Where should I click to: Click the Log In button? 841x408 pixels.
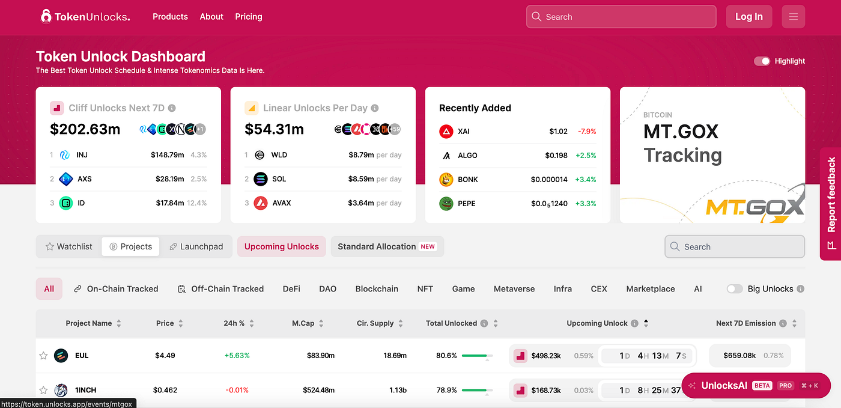748,17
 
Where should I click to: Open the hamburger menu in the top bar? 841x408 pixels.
793,17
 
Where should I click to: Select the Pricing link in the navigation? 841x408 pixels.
249,17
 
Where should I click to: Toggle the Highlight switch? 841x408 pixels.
762,61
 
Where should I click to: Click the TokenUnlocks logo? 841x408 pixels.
85,17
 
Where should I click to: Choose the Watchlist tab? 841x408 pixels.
68,246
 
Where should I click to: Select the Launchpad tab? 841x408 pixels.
196,246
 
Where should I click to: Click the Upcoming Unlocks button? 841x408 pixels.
282,246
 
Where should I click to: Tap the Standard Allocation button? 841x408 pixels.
387,246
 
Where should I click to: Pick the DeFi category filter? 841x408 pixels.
291,289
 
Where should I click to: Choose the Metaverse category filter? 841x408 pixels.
514,289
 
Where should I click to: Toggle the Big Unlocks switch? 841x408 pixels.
735,289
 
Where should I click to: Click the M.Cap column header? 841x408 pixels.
303,323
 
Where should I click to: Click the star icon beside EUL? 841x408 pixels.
43,356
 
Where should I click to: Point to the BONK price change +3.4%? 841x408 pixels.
586,180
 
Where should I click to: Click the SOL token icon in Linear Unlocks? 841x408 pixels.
260,179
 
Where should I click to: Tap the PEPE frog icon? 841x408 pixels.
446,204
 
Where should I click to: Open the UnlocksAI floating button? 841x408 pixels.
756,386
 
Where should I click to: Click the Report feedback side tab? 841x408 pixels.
831,203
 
